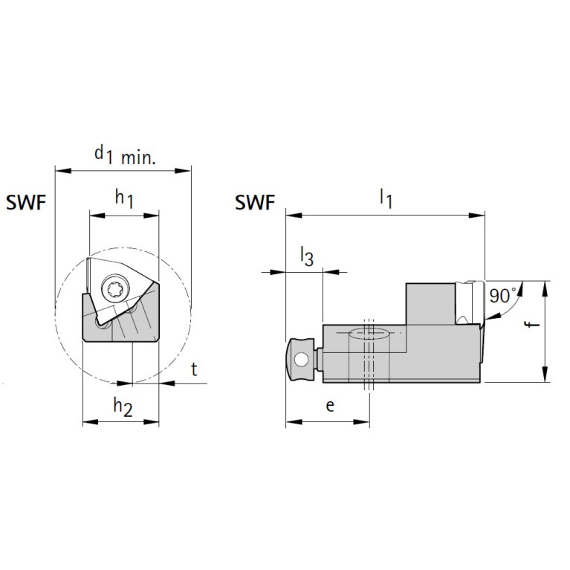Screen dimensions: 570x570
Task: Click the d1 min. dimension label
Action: pos(124,155)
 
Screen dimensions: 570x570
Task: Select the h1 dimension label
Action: pos(123,199)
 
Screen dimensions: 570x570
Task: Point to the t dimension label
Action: pos(194,370)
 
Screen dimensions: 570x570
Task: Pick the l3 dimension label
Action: pos(306,257)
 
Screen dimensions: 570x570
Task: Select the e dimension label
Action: pos(331,405)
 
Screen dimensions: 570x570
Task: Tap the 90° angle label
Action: pos(502,296)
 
